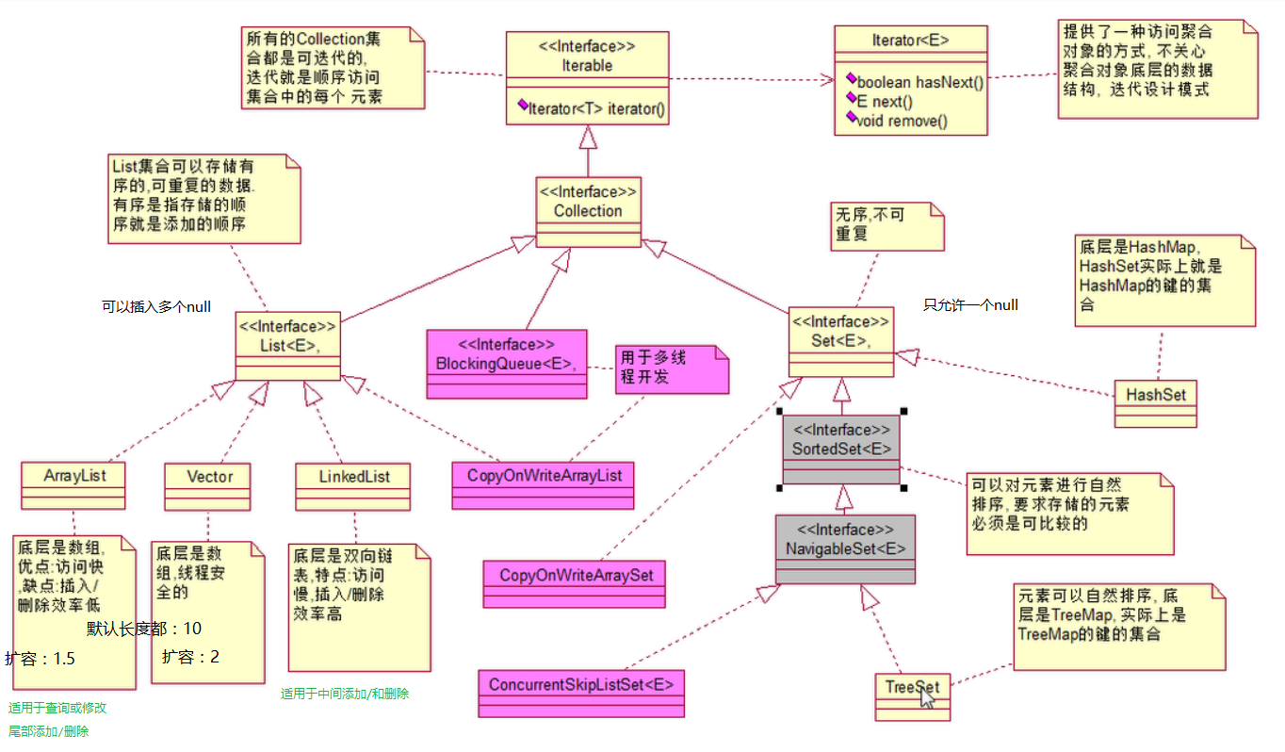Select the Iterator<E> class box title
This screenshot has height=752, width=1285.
[910, 40]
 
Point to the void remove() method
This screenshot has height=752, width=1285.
[903, 120]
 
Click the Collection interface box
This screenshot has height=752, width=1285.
[587, 202]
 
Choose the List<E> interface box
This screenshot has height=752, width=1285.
[287, 336]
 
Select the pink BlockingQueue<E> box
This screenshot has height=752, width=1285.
[506, 354]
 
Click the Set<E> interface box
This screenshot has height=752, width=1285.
[840, 332]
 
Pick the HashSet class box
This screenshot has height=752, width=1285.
[1155, 396]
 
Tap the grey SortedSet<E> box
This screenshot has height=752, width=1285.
[841, 440]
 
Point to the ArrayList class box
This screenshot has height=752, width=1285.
[73, 477]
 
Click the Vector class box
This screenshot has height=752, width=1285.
[209, 477]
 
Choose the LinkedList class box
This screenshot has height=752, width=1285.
[354, 477]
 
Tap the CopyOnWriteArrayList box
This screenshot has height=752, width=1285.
[543, 476]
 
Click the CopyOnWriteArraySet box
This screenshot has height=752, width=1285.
[576, 575]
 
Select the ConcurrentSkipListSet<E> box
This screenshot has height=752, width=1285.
[581, 685]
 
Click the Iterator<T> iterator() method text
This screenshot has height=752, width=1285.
[595, 109]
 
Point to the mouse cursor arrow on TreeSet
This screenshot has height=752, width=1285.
[927, 697]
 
